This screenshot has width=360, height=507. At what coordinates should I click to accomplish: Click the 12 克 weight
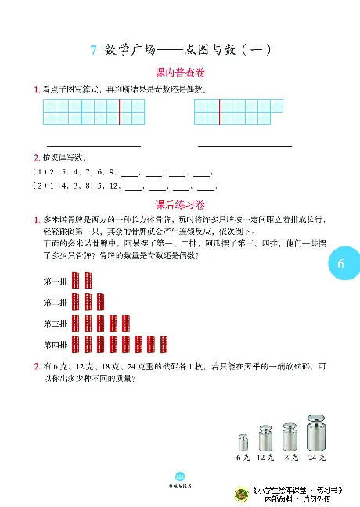[265, 439]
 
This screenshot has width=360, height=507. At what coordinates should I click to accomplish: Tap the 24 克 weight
[317, 432]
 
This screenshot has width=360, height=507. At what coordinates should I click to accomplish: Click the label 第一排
[56, 282]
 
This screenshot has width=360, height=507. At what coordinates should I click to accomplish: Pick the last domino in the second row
[100, 302]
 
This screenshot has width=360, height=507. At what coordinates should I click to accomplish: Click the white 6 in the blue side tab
[341, 264]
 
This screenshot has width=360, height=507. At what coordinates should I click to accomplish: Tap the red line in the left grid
[119, 112]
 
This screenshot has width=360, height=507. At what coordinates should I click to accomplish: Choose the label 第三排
[56, 323]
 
